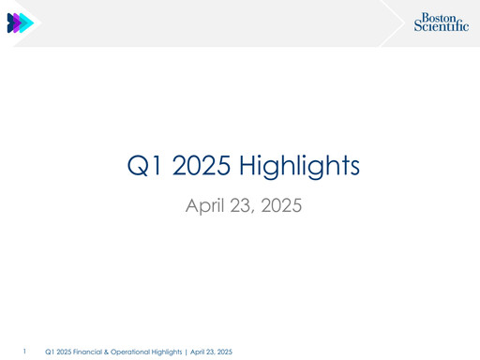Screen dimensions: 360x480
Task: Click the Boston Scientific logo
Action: (442, 23)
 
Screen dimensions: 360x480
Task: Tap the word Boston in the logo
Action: (441, 17)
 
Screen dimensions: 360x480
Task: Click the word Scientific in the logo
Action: (442, 28)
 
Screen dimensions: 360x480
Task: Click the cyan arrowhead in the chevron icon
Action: (29, 23)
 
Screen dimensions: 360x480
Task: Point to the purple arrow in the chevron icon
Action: (20, 23)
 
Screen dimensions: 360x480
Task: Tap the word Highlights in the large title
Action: (300, 168)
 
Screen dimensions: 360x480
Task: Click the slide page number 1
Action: (25, 352)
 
